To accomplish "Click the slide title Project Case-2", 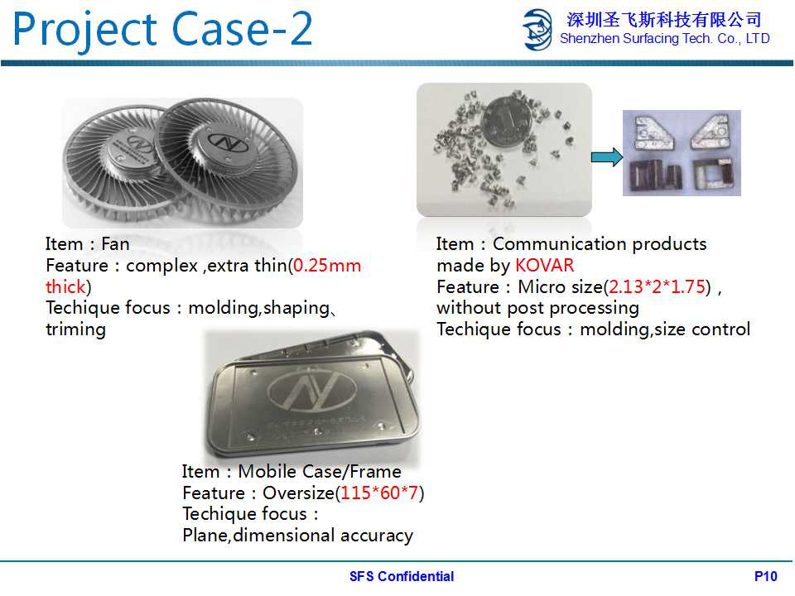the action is point(162,29).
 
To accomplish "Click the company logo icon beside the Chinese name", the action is point(537,30).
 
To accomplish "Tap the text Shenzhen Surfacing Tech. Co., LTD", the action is point(665,39).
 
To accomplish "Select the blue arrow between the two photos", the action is point(607,157).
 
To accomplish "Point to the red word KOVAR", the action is point(545,266).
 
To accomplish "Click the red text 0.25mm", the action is point(327,266).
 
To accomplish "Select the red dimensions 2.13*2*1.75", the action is point(657,287).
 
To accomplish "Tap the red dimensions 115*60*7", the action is point(379,493).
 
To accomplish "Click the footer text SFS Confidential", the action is point(402,576).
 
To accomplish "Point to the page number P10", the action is point(765,576).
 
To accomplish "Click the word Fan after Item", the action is point(115,243).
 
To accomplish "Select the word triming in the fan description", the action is point(76,329).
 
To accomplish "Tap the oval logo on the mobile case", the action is point(312,391).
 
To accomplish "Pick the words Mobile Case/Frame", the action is point(320,471).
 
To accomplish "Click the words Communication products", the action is point(600,243).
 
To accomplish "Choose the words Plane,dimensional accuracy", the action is point(297,536).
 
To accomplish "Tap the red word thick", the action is point(65,287).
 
